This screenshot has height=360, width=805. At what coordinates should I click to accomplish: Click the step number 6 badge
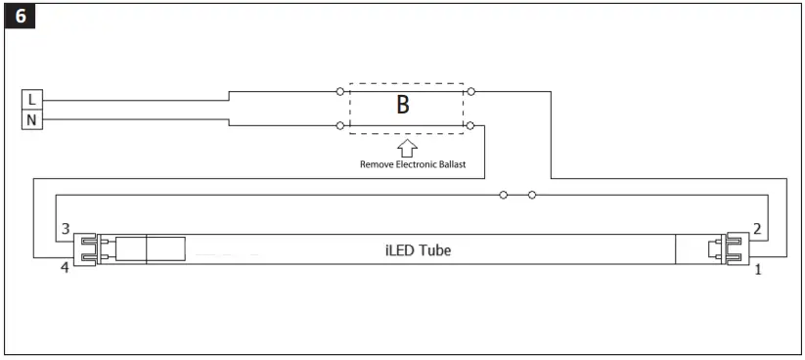pos(18,17)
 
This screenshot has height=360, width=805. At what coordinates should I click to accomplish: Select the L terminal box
pos(31,100)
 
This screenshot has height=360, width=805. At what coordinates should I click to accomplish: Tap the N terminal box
pos(31,119)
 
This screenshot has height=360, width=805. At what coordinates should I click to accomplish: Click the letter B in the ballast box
pos(402,107)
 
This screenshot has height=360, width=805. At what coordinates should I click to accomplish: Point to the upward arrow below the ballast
pos(407,148)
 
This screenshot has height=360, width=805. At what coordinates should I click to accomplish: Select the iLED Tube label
pos(418,249)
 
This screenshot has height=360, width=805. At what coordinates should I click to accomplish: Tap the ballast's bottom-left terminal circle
pos(339,125)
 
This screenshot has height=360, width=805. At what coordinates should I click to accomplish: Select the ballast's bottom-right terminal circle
pos(471,125)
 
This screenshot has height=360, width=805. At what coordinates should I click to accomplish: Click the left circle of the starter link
pos(503,195)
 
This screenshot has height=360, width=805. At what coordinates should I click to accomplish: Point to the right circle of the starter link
pos(532,195)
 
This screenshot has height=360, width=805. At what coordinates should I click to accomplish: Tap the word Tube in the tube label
pos(434,249)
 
